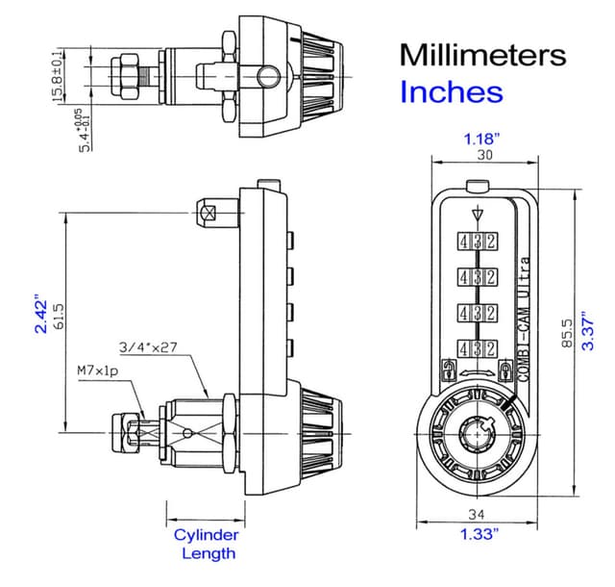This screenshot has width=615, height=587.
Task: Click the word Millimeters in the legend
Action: (482, 54)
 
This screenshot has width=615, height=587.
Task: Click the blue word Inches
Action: (451, 92)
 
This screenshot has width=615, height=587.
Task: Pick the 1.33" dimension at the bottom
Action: (478, 535)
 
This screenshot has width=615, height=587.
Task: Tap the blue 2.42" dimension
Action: (41, 314)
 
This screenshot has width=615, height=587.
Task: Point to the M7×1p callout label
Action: (98, 370)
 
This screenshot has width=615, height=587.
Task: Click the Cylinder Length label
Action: (206, 544)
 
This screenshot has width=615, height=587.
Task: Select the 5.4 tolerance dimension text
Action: (87, 130)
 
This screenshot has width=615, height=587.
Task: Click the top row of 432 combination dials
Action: (477, 242)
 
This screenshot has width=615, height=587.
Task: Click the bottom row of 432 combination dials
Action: (477, 347)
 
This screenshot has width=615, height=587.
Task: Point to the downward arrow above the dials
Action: (478, 215)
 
